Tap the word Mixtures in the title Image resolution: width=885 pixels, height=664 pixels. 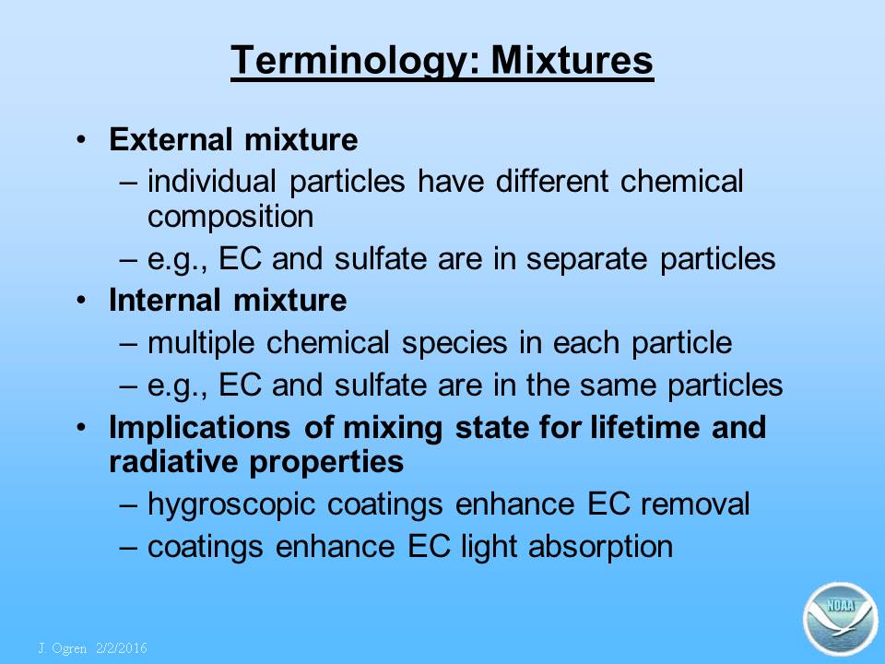572,60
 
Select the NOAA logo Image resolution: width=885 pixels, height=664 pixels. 841,618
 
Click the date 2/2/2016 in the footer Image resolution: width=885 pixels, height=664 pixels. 122,647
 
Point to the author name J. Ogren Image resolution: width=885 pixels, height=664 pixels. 63,648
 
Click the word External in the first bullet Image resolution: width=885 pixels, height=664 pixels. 171,139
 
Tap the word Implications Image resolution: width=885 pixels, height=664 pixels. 200,429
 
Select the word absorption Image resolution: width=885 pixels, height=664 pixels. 600,548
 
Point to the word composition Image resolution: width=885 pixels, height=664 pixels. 230,218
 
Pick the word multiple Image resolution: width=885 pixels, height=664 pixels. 201,344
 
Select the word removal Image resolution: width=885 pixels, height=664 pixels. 695,504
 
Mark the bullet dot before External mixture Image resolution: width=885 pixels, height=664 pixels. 82,139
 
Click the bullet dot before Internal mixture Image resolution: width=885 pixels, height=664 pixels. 82,300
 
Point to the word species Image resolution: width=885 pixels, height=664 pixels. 454,344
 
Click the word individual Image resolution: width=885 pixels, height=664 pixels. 212,182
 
